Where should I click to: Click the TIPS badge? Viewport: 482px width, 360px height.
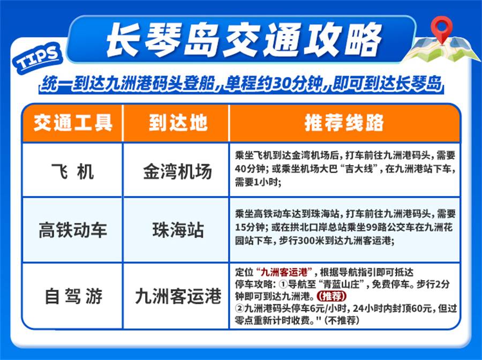(37, 58)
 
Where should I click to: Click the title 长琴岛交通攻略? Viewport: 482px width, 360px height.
(245, 40)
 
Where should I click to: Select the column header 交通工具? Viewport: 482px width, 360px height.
(73, 123)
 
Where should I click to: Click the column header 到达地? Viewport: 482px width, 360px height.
(178, 123)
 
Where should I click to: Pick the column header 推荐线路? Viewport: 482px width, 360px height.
(344, 123)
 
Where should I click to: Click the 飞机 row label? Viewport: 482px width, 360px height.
(73, 171)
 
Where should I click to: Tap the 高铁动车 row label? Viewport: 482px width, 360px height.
(73, 230)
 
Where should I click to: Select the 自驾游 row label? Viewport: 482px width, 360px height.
(73, 296)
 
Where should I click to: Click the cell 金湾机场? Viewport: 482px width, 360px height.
(178, 171)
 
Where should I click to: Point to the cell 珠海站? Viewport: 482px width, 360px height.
(178, 230)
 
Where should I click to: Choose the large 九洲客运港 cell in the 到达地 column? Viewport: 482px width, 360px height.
(178, 296)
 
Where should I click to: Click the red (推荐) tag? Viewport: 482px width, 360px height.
(332, 296)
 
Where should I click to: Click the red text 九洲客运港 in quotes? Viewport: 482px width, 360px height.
(284, 272)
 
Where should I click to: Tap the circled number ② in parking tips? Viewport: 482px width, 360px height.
(240, 309)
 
